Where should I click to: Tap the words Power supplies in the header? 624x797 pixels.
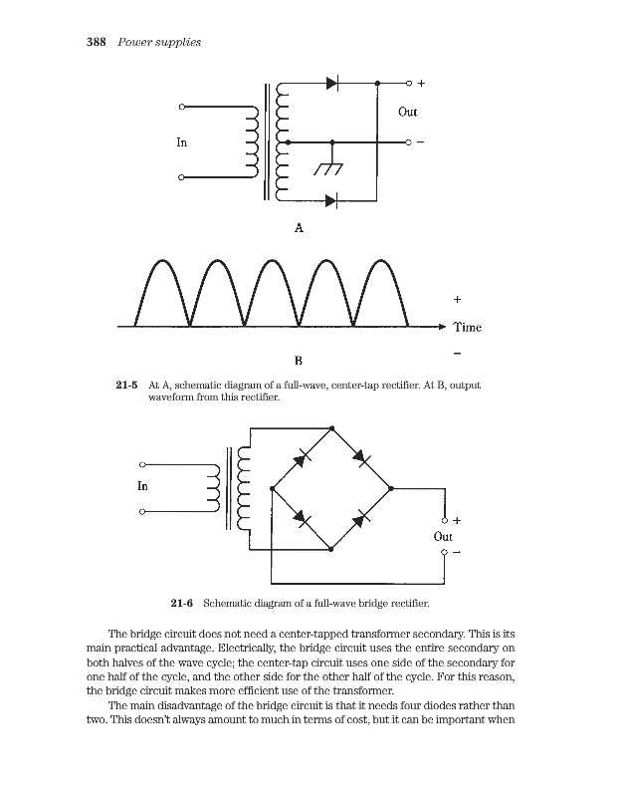pyautogui.click(x=160, y=42)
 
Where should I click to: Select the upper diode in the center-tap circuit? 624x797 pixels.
pyautogui.click(x=332, y=84)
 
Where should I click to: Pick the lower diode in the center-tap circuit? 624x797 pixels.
pyautogui.click(x=332, y=202)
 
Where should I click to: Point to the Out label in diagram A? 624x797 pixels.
pyautogui.click(x=407, y=112)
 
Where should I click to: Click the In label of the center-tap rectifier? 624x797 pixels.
pyautogui.click(x=181, y=142)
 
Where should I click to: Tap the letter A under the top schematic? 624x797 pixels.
pyautogui.click(x=298, y=228)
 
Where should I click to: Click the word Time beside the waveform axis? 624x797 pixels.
pyautogui.click(x=467, y=327)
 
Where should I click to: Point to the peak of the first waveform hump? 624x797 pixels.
pyautogui.click(x=156, y=260)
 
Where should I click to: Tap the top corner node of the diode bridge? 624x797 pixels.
pyautogui.click(x=331, y=425)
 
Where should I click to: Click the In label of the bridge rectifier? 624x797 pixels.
pyautogui.click(x=142, y=486)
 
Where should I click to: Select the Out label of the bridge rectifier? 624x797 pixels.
pyautogui.click(x=444, y=536)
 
